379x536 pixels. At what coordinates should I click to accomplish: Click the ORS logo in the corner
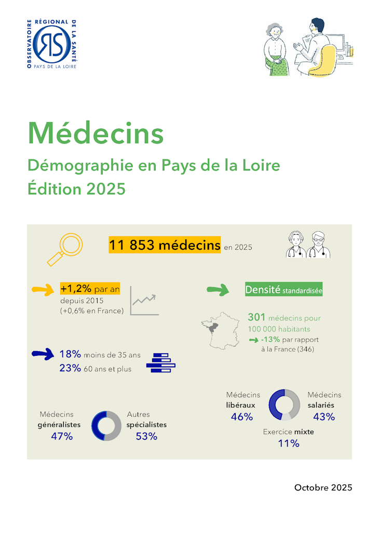tap(52, 45)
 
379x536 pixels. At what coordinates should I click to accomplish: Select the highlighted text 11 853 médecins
tap(165, 245)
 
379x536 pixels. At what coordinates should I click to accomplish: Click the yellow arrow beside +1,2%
tap(43, 290)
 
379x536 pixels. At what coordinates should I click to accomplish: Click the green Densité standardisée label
tap(284, 290)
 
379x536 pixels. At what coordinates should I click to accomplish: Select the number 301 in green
tap(256, 317)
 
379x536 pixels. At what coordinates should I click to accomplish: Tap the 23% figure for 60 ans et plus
tap(70, 368)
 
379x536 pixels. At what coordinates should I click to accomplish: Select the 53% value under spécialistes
tap(146, 436)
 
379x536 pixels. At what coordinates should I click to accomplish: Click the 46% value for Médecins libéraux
tap(241, 417)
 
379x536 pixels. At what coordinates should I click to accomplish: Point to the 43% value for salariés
tap(324, 417)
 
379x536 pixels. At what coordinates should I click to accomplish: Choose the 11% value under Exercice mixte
tap(288, 444)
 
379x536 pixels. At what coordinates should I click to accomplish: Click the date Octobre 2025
tap(323, 488)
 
